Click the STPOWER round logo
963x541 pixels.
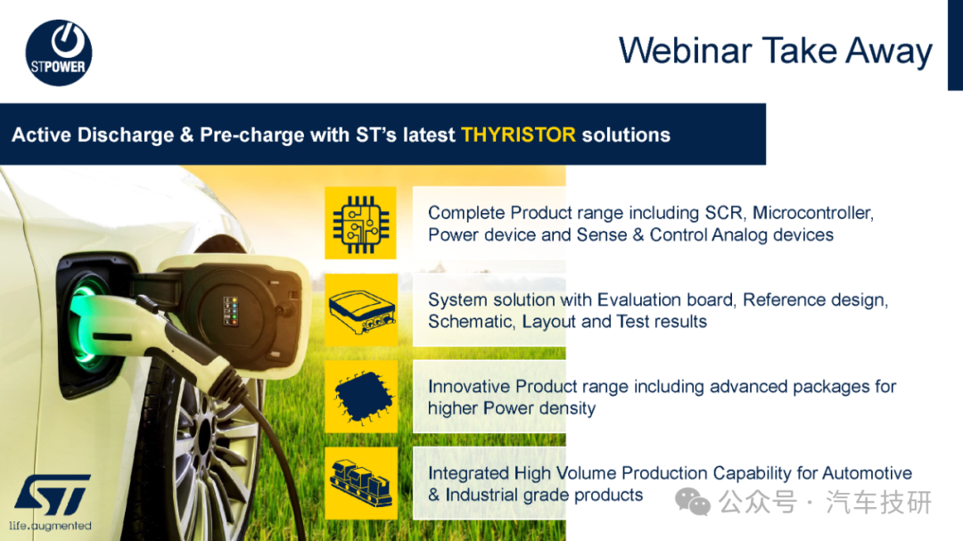tap(59, 53)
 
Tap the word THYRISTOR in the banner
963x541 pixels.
tap(518, 135)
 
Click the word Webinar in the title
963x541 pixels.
tap(684, 51)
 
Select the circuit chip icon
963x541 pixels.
tap(360, 224)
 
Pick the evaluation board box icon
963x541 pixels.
tap(361, 310)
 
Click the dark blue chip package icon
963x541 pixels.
tap(361, 397)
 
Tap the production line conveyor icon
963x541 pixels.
tap(361, 483)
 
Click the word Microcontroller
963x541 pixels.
tap(813, 212)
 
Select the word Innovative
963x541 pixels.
tap(469, 386)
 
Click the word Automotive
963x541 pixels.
tap(867, 473)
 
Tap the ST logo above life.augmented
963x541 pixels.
tap(53, 495)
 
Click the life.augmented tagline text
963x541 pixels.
tap(50, 526)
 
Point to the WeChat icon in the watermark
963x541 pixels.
tap(693, 502)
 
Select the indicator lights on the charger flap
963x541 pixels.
tap(231, 311)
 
